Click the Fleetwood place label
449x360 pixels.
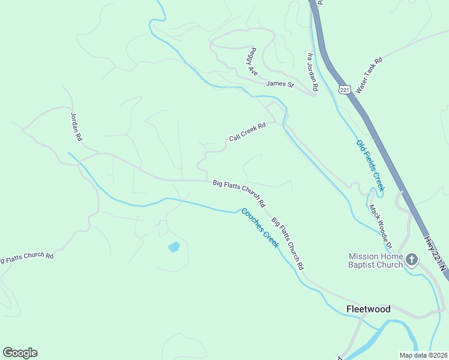(368, 310)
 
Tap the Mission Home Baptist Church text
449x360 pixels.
(376, 260)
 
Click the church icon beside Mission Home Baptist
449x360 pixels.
(412, 260)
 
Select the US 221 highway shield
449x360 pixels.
(344, 89)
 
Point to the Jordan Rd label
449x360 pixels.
(76, 126)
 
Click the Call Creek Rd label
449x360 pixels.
(247, 133)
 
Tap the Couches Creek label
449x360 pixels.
(261, 228)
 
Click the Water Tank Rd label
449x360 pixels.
(369, 75)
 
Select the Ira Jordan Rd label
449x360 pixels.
(312, 72)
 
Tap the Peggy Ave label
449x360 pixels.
(252, 62)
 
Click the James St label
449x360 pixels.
(280, 84)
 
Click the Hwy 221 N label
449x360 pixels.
(436, 251)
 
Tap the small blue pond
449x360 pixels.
(174, 247)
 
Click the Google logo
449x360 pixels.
(20, 353)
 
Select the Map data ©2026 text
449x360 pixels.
(423, 355)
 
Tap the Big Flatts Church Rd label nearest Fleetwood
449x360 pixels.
(288, 242)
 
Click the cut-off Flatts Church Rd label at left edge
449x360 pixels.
(26, 257)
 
